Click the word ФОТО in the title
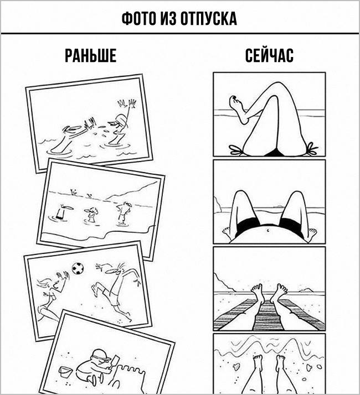[x=139, y=18]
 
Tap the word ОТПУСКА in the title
[x=209, y=18]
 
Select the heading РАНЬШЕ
[x=91, y=56]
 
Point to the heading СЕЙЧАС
[x=269, y=55]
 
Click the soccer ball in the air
[x=78, y=268]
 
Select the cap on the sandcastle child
[x=101, y=354]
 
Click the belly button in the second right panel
[x=268, y=230]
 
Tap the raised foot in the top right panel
[x=237, y=105]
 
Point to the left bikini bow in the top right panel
[x=236, y=150]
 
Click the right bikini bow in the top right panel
[x=312, y=149]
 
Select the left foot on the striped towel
[x=258, y=292]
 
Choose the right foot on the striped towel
[x=278, y=292]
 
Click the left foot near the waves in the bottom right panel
[x=258, y=362]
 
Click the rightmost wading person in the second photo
[x=124, y=213]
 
